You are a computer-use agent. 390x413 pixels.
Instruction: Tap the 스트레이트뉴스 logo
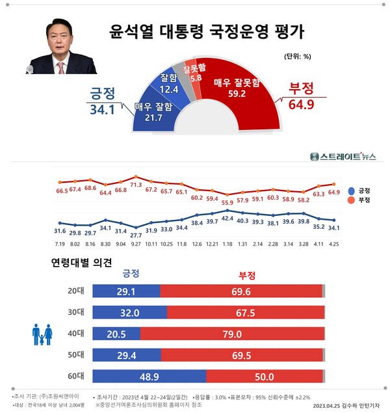343,156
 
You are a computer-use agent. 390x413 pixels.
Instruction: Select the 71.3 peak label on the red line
136,185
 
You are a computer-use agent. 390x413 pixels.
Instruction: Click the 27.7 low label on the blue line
136,234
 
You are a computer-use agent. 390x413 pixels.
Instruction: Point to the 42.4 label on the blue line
227,219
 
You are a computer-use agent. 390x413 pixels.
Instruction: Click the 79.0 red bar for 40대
231,334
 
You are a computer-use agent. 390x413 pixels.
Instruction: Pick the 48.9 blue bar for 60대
149,377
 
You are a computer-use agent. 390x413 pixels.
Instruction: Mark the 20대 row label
76,291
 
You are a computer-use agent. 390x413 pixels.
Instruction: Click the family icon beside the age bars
43,334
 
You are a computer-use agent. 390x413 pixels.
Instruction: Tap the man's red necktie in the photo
60,67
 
